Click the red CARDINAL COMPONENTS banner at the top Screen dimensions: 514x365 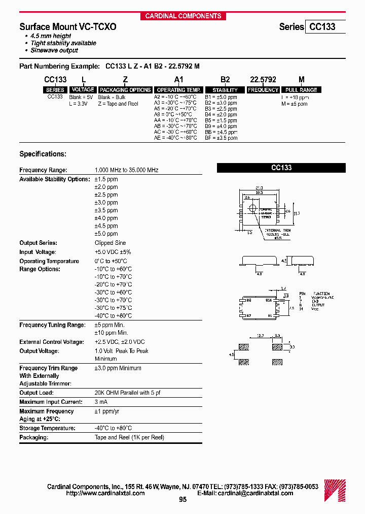[x=183, y=16]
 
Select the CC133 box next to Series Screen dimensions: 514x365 [x=324, y=27]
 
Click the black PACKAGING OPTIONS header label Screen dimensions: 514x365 [x=125, y=90]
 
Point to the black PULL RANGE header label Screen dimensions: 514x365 [x=301, y=90]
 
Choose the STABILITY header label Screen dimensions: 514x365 [x=225, y=90]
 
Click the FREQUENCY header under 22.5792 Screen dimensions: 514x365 [x=263, y=90]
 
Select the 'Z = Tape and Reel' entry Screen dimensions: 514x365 [x=118, y=104]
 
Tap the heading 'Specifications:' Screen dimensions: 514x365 [x=43, y=154]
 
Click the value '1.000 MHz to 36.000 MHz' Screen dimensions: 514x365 [x=126, y=170]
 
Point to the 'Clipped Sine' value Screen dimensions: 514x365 [x=110, y=243]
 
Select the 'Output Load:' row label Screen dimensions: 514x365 [x=36, y=393]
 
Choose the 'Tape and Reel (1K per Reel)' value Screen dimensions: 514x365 [x=129, y=437]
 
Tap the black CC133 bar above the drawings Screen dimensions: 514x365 [x=281, y=168]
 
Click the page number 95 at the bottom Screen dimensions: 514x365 [x=183, y=500]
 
